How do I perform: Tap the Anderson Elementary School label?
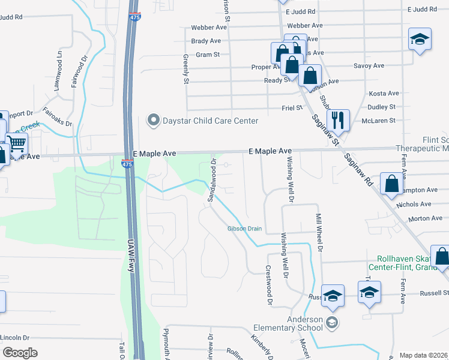(x=297, y=323)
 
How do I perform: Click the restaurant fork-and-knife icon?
(x=338, y=119)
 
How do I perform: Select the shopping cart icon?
(x=17, y=143)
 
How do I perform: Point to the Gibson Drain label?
(x=244, y=229)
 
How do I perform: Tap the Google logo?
(x=20, y=353)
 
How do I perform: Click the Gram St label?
(x=208, y=54)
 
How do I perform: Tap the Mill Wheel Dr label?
(x=320, y=232)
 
